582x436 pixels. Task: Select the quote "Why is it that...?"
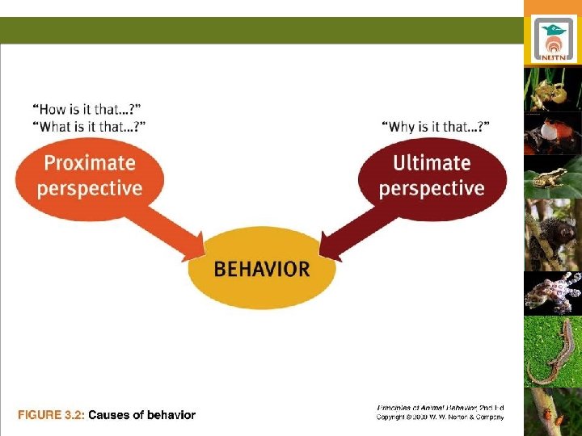[x=436, y=126]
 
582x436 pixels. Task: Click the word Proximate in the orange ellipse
[x=89, y=163]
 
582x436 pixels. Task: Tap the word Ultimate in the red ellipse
[x=432, y=163]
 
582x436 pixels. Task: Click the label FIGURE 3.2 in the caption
[x=51, y=415]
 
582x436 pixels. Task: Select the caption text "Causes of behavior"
[x=141, y=415]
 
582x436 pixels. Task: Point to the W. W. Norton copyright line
[x=441, y=417]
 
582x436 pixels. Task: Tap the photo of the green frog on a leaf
[x=552, y=178]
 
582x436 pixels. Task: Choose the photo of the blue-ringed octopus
[x=552, y=292]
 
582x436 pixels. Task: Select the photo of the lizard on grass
[x=552, y=351]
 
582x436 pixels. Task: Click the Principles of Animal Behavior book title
[x=441, y=408]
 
